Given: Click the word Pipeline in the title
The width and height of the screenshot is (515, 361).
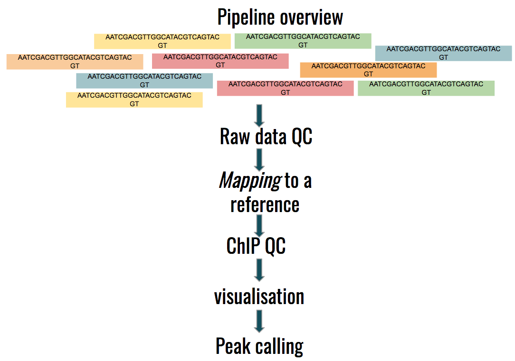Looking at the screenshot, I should tap(246, 18).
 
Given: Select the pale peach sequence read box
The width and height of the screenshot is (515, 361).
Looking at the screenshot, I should tap(75, 62).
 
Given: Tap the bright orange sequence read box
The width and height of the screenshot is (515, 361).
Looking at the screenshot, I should tap(368, 70).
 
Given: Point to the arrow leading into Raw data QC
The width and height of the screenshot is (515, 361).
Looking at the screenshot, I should tap(259, 115).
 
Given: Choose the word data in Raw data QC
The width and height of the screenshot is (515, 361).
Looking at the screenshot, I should tap(269, 137).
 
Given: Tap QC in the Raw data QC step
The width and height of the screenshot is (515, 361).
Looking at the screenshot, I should tap(302, 137).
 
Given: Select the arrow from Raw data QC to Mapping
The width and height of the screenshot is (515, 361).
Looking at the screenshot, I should tap(259, 159).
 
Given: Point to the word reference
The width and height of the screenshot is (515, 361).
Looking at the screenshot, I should tap(265, 204).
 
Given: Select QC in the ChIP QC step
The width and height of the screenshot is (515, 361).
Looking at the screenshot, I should tap(276, 246).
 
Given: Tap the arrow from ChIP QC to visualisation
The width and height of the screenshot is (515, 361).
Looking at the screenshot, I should tap(259, 269).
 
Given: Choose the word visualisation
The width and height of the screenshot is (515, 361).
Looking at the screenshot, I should tap(259, 296).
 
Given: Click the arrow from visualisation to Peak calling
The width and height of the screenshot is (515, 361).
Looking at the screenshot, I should tap(259, 321).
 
